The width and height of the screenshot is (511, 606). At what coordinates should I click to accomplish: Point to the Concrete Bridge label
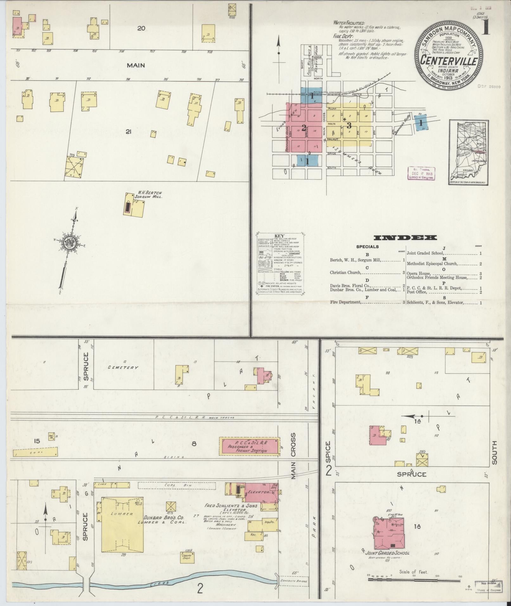[293, 581]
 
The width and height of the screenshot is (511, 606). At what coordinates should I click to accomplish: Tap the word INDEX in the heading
[405, 238]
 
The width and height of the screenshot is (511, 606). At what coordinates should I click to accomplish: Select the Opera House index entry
[418, 273]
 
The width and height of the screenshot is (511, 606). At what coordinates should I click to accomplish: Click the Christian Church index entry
[345, 272]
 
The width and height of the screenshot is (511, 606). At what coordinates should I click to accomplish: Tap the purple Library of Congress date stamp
[422, 173]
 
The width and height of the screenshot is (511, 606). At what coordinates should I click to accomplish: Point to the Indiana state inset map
[469, 152]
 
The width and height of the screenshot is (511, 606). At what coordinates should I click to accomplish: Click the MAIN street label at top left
[136, 65]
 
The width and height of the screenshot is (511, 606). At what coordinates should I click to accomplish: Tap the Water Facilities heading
[349, 23]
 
